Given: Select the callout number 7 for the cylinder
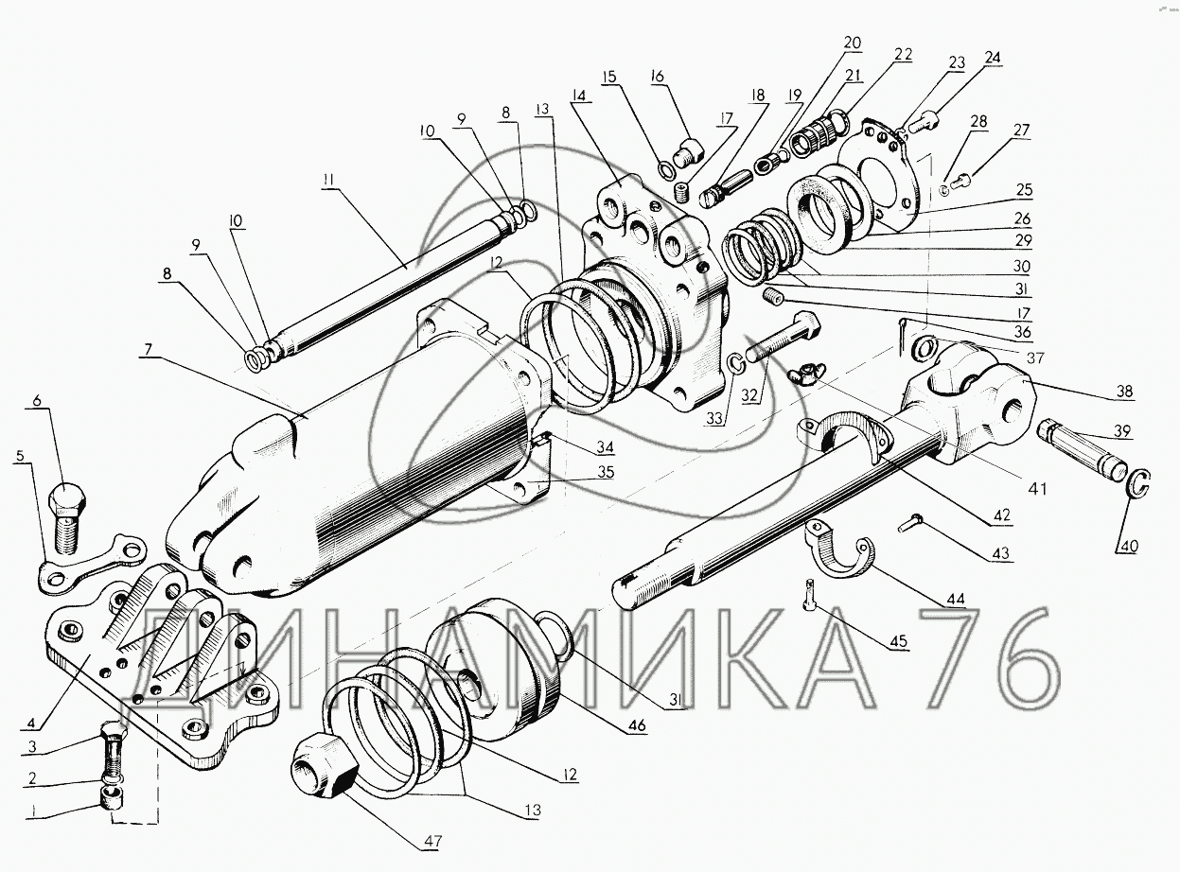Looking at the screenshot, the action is (x=149, y=349).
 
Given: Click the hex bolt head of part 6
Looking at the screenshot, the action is (x=65, y=498).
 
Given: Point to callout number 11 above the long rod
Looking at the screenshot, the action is (x=328, y=180).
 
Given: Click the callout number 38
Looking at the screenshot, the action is (x=1124, y=391).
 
